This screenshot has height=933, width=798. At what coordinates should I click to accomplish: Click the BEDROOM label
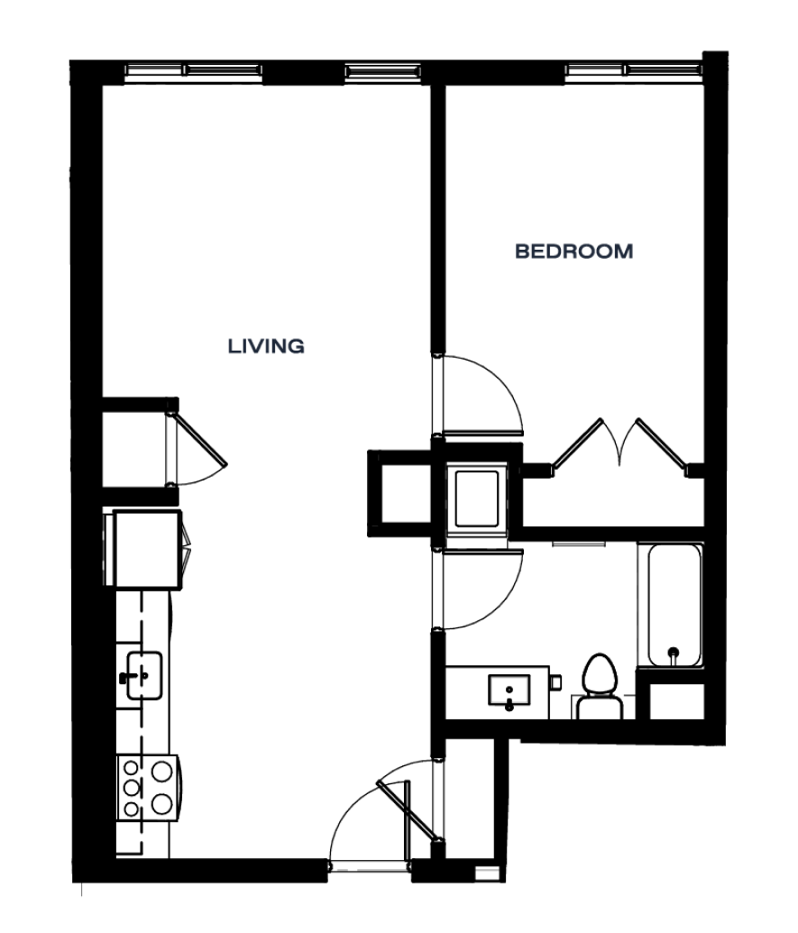tap(573, 252)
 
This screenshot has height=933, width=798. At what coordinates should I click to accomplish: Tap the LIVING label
tap(266, 346)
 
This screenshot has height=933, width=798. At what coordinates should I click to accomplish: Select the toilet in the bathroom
tap(600, 686)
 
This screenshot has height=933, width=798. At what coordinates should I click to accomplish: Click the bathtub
tap(674, 605)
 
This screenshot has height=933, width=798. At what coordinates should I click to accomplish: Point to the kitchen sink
tap(143, 675)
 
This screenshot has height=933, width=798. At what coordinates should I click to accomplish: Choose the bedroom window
tap(633, 71)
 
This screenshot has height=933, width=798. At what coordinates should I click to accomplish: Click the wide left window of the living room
tap(193, 71)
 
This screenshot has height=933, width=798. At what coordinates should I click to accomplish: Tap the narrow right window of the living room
tap(383, 71)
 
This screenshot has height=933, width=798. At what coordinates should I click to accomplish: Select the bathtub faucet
tap(674, 654)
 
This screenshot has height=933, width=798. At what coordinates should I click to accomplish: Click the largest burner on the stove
tap(162, 771)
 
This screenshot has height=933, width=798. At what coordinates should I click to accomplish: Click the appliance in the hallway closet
tap(477, 499)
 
